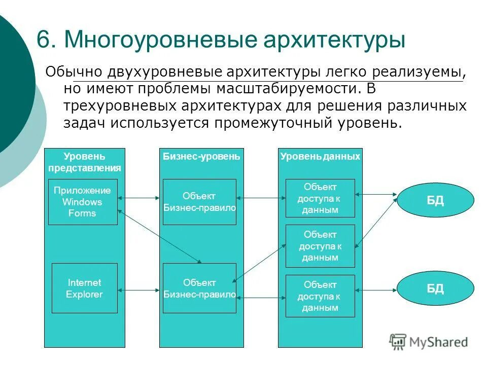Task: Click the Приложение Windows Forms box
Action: point(83,202)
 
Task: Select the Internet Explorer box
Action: point(85,288)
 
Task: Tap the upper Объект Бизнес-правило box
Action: point(199,202)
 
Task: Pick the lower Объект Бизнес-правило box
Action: point(199,288)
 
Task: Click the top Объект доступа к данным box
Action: point(320,198)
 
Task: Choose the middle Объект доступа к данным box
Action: point(320,246)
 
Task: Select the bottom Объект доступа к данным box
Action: point(320,296)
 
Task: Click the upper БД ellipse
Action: point(435,200)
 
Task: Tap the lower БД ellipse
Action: point(435,289)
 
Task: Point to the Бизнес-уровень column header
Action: point(201,157)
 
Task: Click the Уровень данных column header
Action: point(320,157)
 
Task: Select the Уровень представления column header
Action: point(85,162)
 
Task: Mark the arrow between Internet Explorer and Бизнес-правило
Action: point(140,290)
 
